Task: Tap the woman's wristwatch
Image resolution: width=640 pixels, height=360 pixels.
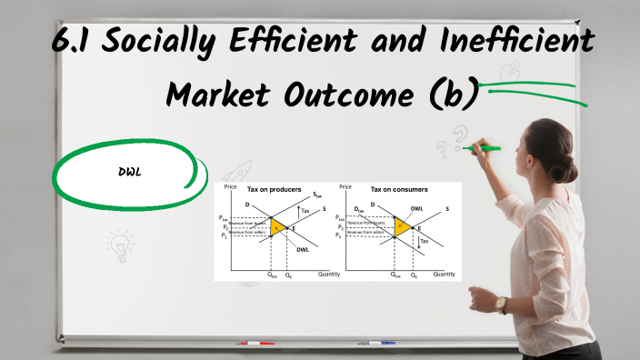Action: point(501,304)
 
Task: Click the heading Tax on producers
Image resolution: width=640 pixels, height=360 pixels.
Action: point(275,189)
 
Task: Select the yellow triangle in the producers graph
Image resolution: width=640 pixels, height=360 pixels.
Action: point(277,226)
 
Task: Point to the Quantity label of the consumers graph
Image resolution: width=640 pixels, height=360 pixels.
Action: point(444,274)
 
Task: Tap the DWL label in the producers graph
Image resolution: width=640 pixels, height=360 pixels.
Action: point(302,249)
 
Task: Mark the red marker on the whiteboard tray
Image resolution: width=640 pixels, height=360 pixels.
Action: point(255,344)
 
